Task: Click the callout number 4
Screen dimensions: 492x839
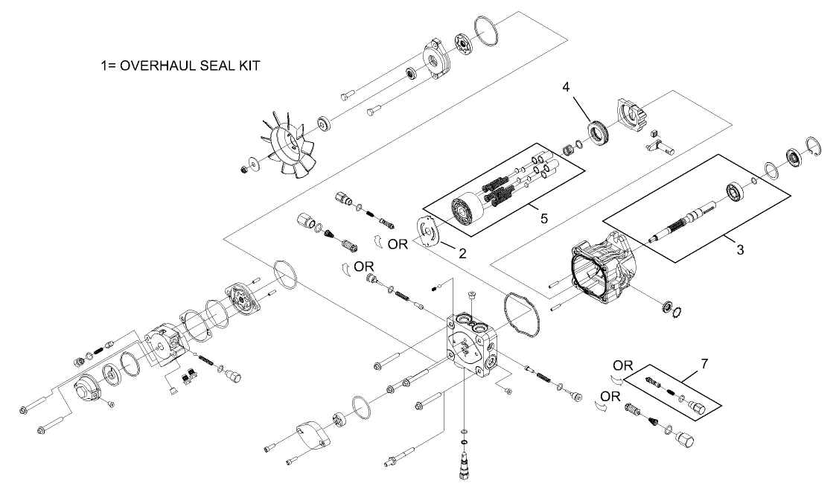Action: coord(567,87)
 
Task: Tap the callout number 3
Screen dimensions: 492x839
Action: coord(739,250)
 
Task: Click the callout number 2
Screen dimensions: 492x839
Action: coord(462,253)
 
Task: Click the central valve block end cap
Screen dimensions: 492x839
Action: coord(477,346)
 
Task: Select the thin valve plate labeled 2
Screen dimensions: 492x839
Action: coord(429,231)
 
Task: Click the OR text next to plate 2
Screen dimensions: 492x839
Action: coord(398,243)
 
